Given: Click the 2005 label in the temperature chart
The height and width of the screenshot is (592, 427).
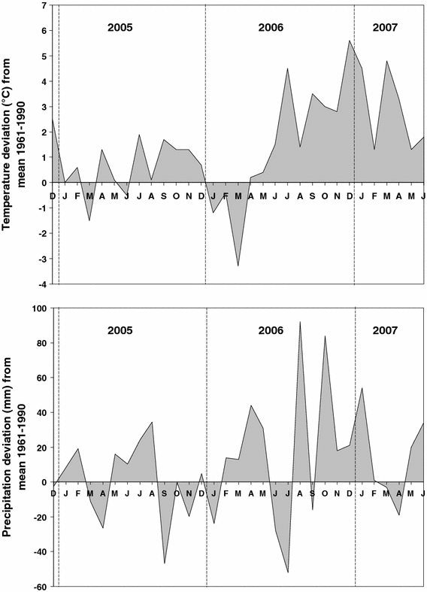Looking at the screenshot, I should click(x=120, y=28).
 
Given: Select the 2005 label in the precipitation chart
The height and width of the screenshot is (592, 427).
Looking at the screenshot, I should click(x=120, y=330).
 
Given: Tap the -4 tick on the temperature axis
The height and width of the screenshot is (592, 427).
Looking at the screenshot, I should click(x=44, y=284).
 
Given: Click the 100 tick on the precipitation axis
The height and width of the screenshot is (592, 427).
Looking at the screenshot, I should click(x=40, y=308).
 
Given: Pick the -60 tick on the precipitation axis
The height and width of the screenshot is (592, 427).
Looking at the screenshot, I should click(x=41, y=587).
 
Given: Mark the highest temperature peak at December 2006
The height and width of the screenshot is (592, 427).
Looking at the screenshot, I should click(x=350, y=41).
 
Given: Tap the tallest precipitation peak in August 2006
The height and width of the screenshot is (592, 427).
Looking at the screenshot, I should click(x=300, y=322).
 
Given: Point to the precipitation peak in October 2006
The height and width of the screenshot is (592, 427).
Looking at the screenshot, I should click(x=325, y=336).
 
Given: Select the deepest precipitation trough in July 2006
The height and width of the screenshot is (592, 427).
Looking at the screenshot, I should click(x=288, y=572).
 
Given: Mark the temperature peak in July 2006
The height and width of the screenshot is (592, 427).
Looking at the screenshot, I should click(x=288, y=68).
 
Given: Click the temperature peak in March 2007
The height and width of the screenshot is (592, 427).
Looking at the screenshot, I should click(x=386, y=61).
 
